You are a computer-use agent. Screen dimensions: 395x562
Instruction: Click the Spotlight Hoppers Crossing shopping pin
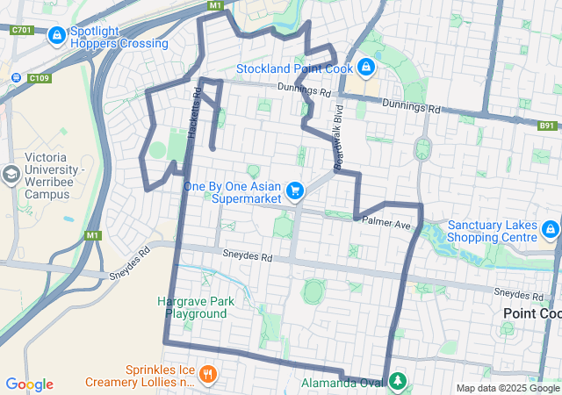[x=57, y=35]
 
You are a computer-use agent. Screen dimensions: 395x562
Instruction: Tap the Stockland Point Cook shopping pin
[x=365, y=67]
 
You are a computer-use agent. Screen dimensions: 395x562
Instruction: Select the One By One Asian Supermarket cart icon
[x=295, y=190]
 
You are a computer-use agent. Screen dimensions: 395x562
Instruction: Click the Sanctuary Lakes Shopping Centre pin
[x=550, y=230]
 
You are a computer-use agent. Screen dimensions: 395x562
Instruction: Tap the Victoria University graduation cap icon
[x=11, y=173]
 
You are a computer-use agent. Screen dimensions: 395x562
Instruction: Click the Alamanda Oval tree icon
[x=399, y=382]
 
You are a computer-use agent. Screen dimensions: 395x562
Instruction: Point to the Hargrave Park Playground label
[x=196, y=307]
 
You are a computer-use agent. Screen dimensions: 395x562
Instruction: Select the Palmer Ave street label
[x=386, y=225]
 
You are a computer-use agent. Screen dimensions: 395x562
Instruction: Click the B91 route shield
[x=547, y=126]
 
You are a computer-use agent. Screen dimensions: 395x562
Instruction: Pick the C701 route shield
[x=22, y=30]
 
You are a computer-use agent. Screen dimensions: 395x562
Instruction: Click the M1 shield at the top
[x=215, y=5]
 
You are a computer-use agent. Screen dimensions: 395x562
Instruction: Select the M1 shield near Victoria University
[x=93, y=235]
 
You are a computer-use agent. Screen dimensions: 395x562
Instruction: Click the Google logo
[x=29, y=384]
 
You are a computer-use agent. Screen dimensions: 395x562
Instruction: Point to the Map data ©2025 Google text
[x=508, y=388]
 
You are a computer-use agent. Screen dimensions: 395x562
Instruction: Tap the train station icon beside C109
[x=17, y=76]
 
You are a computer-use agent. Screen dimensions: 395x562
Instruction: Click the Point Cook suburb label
[x=531, y=313]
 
